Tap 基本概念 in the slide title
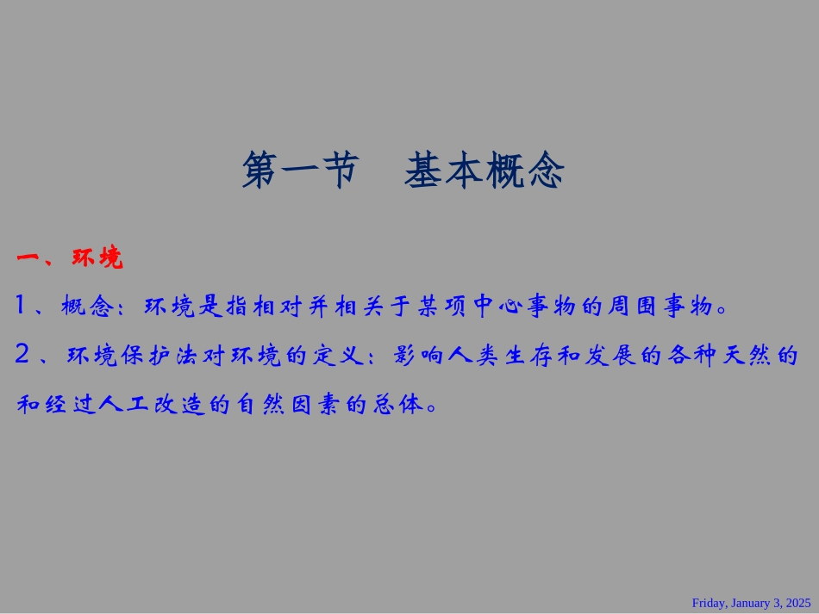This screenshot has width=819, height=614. (484, 171)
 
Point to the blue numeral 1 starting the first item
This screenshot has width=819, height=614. (22, 305)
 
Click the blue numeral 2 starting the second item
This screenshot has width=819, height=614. (22, 354)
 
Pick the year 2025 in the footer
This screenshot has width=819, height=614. (798, 603)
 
